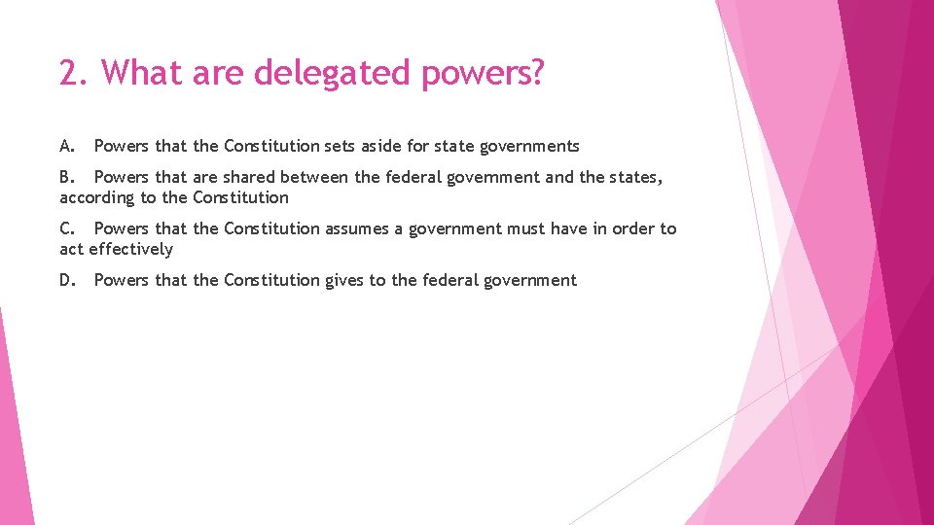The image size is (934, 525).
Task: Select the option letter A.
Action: coord(67,146)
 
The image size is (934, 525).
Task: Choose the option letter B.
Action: coord(67,177)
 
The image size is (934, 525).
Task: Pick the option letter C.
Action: coord(67,228)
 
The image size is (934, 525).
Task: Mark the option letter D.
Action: coord(67,280)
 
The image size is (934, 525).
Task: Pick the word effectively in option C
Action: coord(130,250)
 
